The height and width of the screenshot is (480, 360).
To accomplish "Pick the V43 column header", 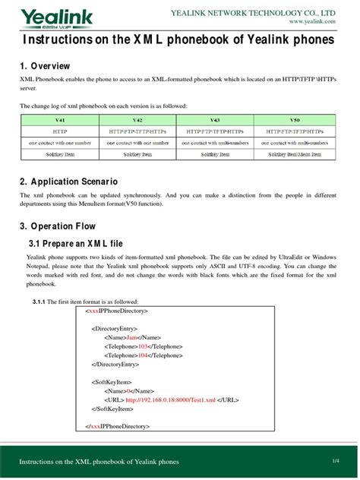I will point(216,120).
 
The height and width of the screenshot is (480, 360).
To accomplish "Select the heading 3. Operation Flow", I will point(59,226).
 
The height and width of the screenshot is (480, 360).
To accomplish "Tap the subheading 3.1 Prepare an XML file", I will point(74,242).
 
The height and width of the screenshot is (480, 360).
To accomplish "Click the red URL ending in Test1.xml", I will point(170,399).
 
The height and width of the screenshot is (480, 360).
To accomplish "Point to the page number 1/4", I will point(335,461).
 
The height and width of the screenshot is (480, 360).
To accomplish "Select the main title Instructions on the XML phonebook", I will point(179,39).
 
